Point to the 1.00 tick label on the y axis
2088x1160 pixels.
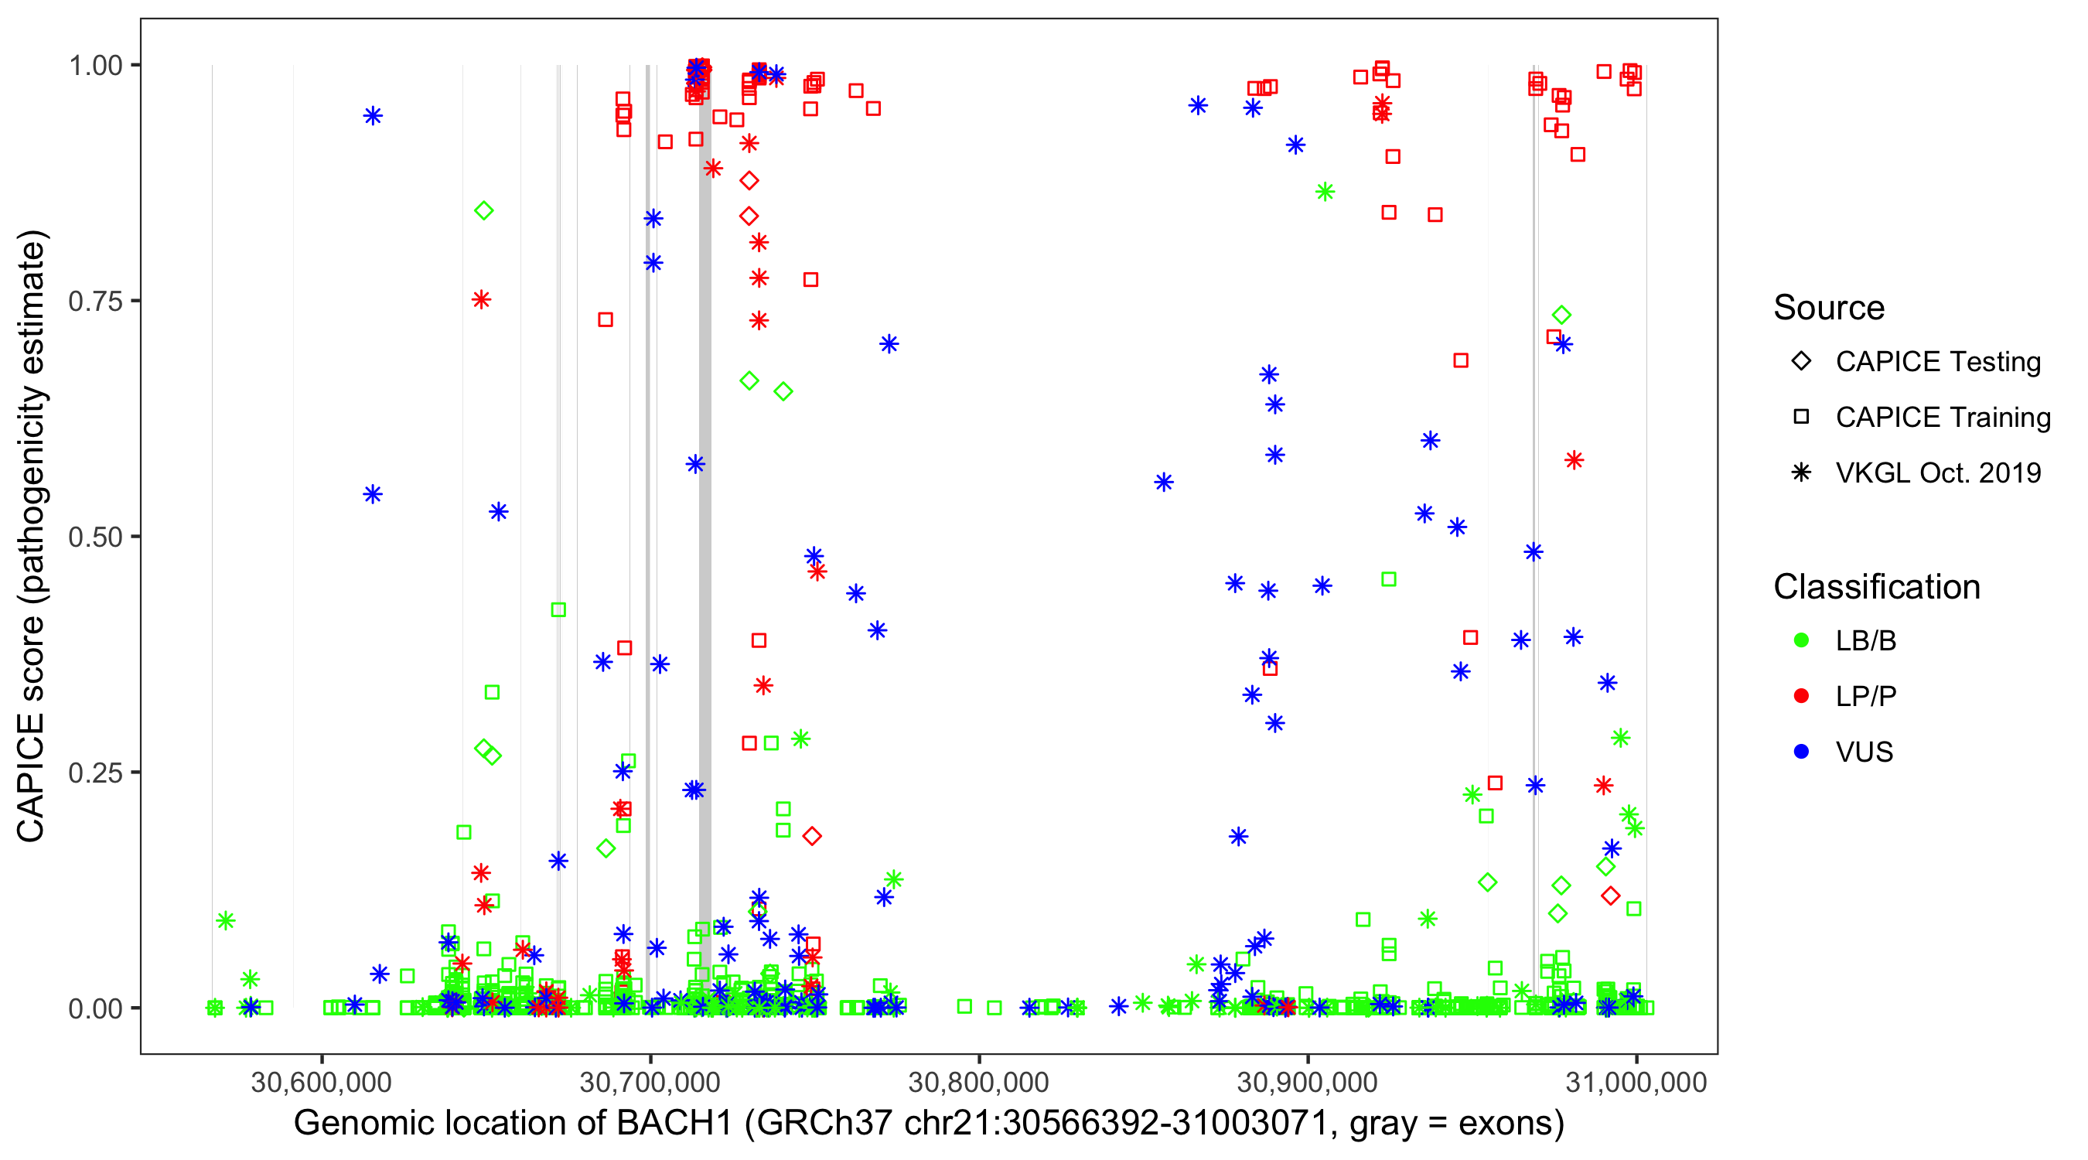(95, 66)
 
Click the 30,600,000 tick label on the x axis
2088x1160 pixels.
(321, 1082)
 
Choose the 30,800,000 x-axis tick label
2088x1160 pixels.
(978, 1082)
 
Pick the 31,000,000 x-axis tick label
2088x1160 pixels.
(1636, 1082)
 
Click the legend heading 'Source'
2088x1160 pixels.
(1829, 308)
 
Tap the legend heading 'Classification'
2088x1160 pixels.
(1876, 587)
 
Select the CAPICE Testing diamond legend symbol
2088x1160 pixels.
(1801, 362)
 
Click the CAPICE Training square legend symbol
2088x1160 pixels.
(1801, 418)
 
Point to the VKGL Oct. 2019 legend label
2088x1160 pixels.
(1938, 473)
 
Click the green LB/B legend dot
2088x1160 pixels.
(1801, 641)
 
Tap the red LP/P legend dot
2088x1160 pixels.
(1801, 696)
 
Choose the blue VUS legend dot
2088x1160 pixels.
(1801, 752)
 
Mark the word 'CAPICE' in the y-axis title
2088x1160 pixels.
(31, 777)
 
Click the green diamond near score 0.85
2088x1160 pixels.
(484, 211)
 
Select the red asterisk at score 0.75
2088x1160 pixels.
(482, 301)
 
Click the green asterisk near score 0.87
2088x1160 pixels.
(1325, 192)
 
